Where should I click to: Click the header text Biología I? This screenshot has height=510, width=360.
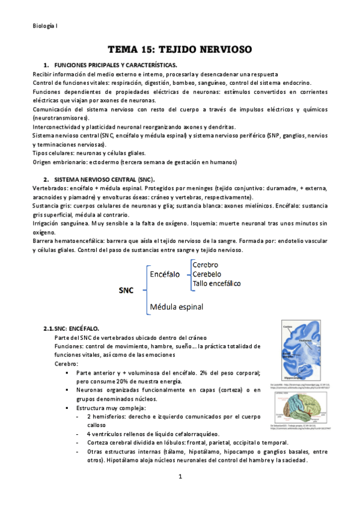tap(44, 26)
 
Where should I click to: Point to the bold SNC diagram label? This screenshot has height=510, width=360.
tap(126, 289)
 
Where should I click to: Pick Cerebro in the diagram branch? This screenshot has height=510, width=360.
tap(206, 265)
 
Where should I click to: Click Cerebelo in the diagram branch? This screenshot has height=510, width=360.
tap(207, 274)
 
